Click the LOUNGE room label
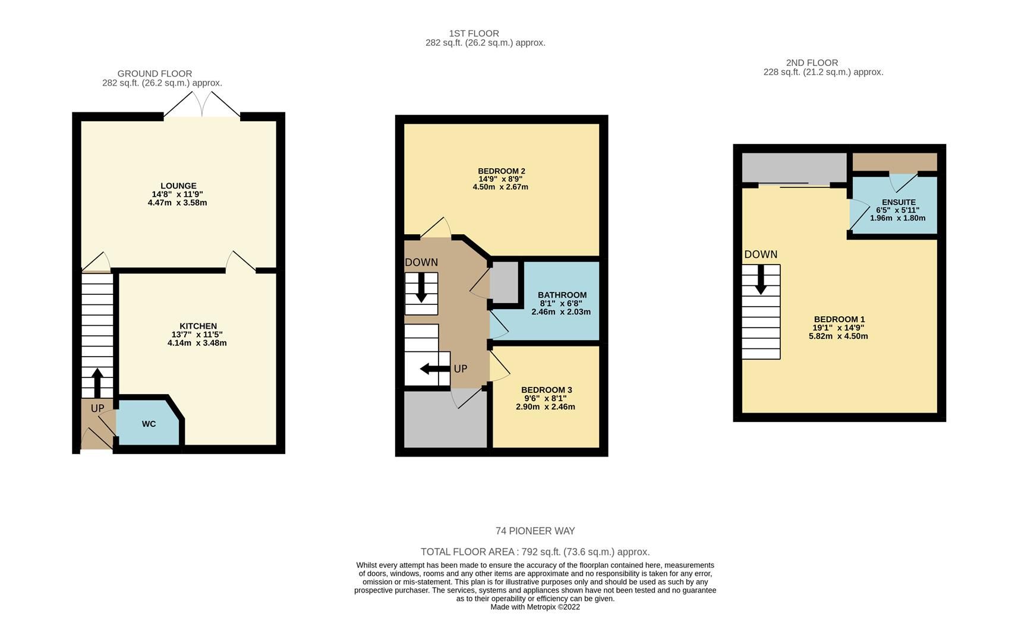(178, 186)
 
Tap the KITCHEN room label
(198, 326)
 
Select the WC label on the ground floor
(149, 424)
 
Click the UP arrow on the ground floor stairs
(96, 383)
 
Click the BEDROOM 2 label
(502, 171)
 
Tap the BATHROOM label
(562, 295)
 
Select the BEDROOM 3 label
(546, 390)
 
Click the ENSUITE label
(899, 202)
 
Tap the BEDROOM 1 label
(839, 319)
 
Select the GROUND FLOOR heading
(155, 74)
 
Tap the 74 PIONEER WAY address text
(535, 531)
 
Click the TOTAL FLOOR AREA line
(535, 552)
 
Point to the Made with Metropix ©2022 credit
(535, 607)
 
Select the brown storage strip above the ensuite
(894, 162)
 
